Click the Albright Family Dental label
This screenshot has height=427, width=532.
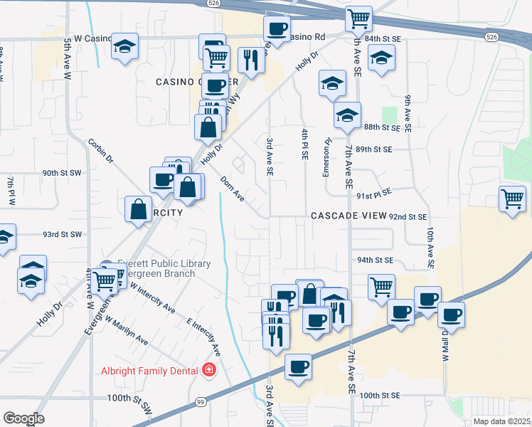click(x=153, y=370)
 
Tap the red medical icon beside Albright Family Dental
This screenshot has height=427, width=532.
click(x=209, y=370)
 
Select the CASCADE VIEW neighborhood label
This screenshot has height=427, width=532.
click(x=347, y=216)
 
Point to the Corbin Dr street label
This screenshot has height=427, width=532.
click(x=101, y=150)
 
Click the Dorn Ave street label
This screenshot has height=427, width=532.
click(x=233, y=188)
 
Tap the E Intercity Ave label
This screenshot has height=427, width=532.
click(x=203, y=338)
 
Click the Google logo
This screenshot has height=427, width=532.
click(x=23, y=418)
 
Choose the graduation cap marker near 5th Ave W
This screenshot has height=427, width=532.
click(x=125, y=46)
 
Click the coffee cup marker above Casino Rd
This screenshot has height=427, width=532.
click(x=277, y=28)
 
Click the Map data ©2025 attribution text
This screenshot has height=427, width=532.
click(x=501, y=421)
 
